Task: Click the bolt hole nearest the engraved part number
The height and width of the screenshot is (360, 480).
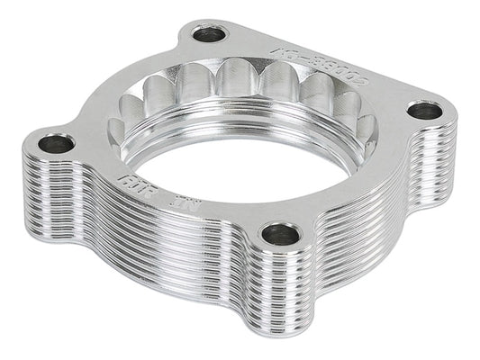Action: point(210,35)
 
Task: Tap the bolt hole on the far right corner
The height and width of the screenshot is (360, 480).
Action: point(424,111)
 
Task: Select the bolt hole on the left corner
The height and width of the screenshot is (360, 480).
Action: point(56,143)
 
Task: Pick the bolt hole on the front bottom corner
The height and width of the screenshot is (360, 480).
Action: point(281,237)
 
